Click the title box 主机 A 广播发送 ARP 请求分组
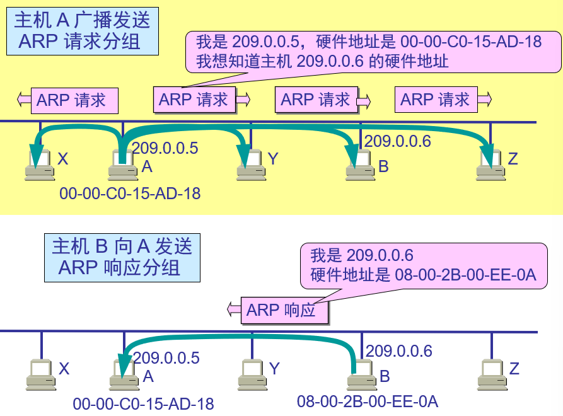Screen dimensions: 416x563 click(x=82, y=32)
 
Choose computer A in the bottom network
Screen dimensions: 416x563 click(x=124, y=374)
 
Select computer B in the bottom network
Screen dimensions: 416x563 click(x=359, y=374)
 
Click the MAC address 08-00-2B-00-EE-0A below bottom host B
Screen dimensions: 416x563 click(x=368, y=401)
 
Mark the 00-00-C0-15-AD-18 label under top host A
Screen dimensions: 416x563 click(x=130, y=193)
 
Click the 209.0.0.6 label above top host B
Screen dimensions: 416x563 click(x=398, y=141)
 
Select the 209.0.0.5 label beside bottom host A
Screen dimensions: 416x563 click(x=166, y=358)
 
